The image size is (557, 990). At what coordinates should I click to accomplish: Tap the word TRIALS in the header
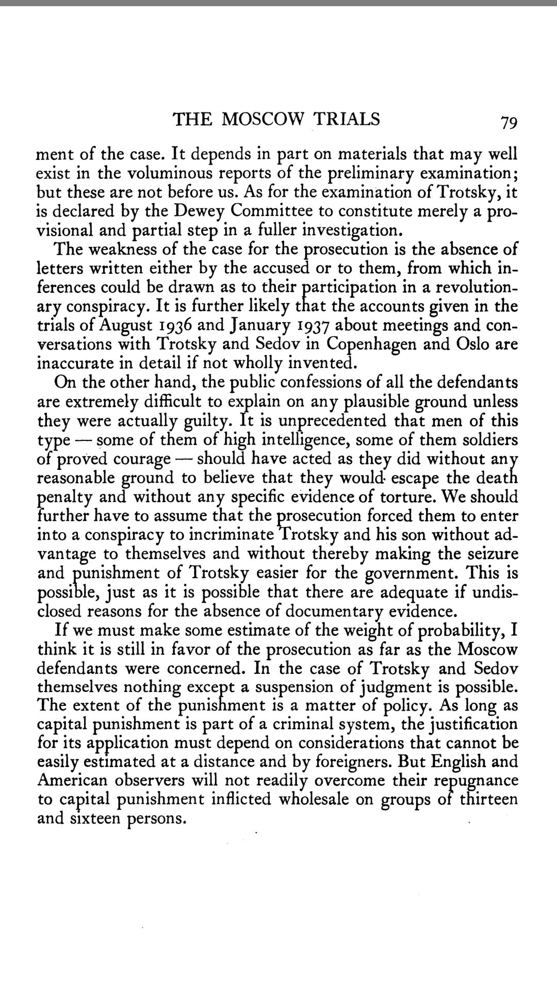click(346, 120)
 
